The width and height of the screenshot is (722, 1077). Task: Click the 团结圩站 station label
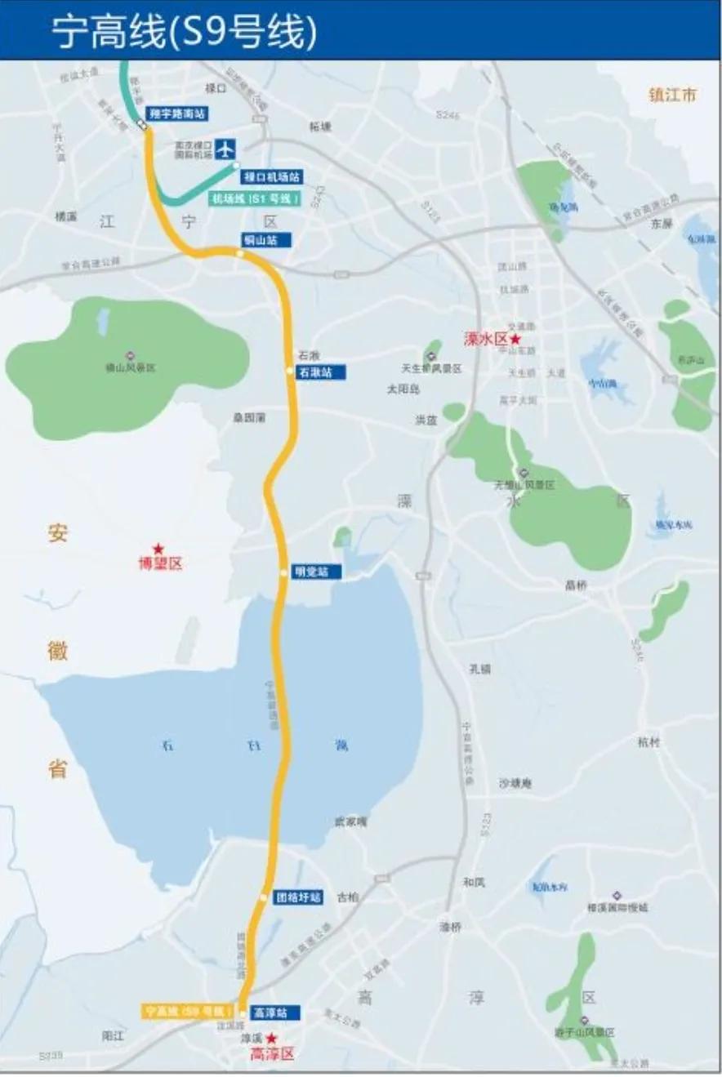coord(298,897)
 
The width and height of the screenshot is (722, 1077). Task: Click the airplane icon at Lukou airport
coord(226,150)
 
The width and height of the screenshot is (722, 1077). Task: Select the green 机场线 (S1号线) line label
coord(256,198)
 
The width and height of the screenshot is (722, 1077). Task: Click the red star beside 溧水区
coord(515,339)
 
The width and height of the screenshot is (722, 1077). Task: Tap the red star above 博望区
coord(158,549)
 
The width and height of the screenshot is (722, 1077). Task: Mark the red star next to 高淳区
coord(272,1039)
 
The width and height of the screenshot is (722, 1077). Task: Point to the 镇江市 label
coord(673,95)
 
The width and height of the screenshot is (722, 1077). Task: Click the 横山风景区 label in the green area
coord(131,368)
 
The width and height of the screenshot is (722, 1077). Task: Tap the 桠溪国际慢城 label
coord(617,907)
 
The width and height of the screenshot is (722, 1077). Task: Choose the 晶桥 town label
coord(576,585)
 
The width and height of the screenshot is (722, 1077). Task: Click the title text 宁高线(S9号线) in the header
coord(183,31)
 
